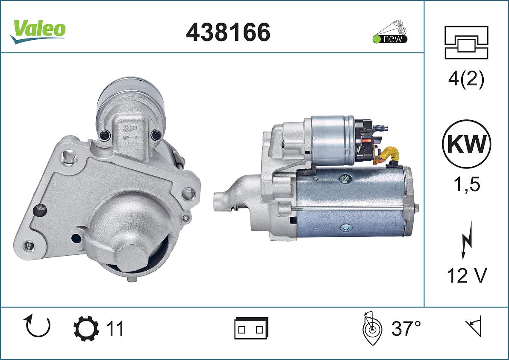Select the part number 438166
point(228,32)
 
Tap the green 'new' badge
point(390,38)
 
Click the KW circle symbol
point(466,144)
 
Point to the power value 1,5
point(467,184)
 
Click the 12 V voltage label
point(467,276)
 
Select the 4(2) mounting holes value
point(466,79)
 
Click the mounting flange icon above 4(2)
point(466,42)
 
